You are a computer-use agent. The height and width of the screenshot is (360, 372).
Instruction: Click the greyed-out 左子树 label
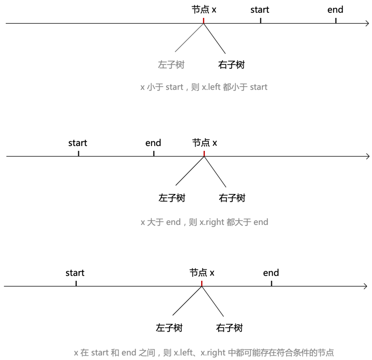coord(171,65)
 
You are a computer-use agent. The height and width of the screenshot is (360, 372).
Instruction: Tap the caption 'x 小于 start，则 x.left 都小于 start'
coord(204,87)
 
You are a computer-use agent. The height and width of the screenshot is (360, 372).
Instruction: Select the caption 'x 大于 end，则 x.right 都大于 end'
coord(204,222)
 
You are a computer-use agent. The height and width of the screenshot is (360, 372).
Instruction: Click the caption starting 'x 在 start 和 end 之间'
coord(204,353)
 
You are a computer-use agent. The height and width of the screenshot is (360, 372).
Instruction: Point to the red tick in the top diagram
coord(204,21)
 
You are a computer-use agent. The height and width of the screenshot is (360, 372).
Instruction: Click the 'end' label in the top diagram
coord(335,10)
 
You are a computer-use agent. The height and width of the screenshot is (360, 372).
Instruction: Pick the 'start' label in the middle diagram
coord(77,143)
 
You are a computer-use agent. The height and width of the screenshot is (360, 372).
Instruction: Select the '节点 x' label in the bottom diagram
coord(202,273)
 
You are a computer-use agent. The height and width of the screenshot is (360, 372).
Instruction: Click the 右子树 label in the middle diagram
coord(232,198)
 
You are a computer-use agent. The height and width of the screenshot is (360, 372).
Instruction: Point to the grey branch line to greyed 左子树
coord(189,38)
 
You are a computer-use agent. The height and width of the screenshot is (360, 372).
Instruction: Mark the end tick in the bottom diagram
coord(271,284)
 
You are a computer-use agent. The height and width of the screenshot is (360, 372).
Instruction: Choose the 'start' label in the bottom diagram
coord(75,273)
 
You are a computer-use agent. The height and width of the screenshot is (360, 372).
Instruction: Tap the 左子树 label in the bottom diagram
coord(169,328)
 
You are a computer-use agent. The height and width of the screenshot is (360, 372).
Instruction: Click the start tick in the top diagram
coord(260,20)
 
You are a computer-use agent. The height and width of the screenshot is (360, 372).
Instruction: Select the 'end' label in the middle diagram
coord(153,143)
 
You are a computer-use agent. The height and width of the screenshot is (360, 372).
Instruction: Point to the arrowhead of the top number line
coord(367,23)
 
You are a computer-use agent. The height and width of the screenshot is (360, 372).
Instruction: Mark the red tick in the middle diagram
coord(204,154)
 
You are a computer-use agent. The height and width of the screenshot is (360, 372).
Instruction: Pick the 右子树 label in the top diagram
coord(231,65)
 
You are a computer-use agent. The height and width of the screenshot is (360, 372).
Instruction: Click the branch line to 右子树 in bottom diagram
coord(213,301)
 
